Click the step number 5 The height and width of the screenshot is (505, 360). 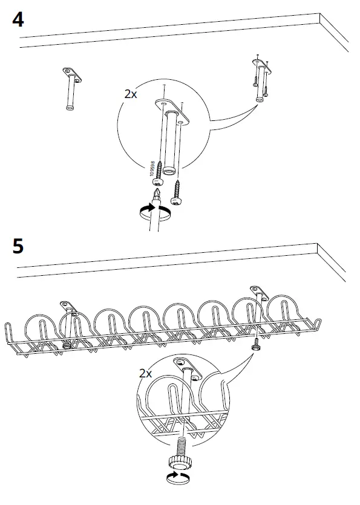coord(18,247)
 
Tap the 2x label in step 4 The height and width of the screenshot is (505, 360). coord(130,95)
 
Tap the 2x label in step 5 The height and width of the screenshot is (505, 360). coord(145,373)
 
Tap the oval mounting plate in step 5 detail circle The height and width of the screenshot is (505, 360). coord(186,366)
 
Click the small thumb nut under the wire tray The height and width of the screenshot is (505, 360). coord(257,345)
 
